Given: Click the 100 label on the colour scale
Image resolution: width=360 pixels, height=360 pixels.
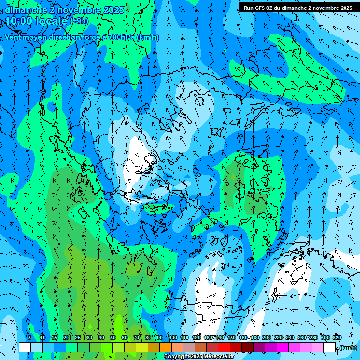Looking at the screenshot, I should (x=173, y=337).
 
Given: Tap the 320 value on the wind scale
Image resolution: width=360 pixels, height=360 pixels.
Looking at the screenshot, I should (x=337, y=337).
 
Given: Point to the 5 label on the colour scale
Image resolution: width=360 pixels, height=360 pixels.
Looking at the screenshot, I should (x=30, y=337).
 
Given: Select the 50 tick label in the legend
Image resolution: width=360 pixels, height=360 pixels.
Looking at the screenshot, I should (x=113, y=337).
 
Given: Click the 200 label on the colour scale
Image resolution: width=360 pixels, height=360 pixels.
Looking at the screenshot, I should (x=267, y=337).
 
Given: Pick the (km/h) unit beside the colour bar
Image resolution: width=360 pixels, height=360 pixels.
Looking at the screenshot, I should (x=348, y=347).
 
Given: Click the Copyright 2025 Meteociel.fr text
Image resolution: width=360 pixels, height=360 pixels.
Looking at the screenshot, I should (x=199, y=357).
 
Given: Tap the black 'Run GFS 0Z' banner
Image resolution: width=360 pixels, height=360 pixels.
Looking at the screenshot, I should (x=298, y=7).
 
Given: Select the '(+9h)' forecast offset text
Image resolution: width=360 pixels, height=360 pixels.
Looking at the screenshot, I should (x=79, y=21).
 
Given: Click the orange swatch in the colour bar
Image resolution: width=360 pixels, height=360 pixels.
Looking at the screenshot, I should (x=165, y=347).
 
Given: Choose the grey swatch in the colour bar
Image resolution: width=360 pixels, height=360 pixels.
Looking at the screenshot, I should (x=189, y=347).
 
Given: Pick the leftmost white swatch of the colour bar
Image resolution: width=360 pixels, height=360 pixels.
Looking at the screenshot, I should (x=25, y=347).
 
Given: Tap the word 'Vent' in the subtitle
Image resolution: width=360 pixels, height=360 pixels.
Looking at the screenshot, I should (x=14, y=37).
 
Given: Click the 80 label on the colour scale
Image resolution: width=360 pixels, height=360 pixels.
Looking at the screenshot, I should (x=148, y=337).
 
